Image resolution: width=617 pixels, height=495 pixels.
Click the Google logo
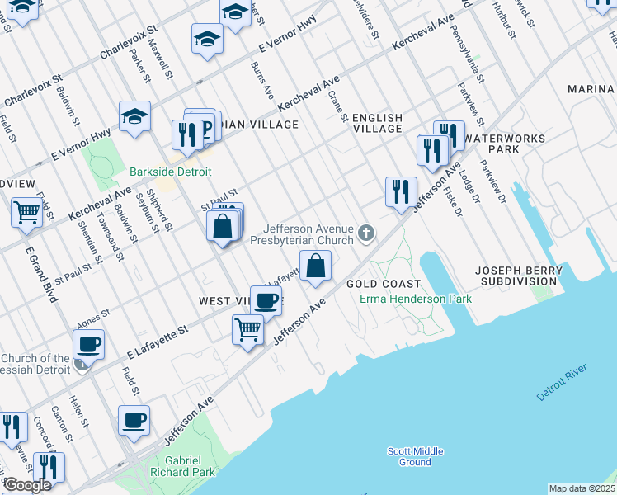tap(26, 485)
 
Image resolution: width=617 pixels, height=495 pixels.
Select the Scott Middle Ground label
tap(416, 456)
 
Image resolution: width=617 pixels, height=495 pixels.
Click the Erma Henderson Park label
tap(415, 299)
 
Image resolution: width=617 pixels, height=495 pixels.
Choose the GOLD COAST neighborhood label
tap(379, 283)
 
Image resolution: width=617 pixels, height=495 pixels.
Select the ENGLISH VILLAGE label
tap(378, 123)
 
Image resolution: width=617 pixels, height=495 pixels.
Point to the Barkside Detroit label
tap(171, 172)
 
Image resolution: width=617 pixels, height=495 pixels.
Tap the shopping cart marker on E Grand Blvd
tap(27, 213)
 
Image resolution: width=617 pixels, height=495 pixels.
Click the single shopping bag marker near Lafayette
tap(315, 266)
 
